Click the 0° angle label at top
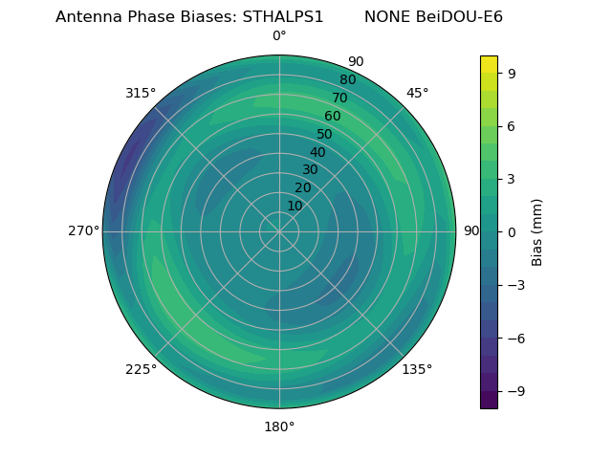[279, 36]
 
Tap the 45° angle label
[417, 93]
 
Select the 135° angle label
[417, 369]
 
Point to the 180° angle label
[279, 426]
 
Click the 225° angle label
[141, 369]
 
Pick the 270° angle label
[83, 231]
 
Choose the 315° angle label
[141, 93]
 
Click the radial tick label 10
[295, 206]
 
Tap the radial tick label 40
[317, 152]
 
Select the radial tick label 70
[339, 98]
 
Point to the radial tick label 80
[347, 79]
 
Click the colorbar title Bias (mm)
[537, 231]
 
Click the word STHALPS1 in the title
[282, 16]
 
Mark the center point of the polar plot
[279, 231]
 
